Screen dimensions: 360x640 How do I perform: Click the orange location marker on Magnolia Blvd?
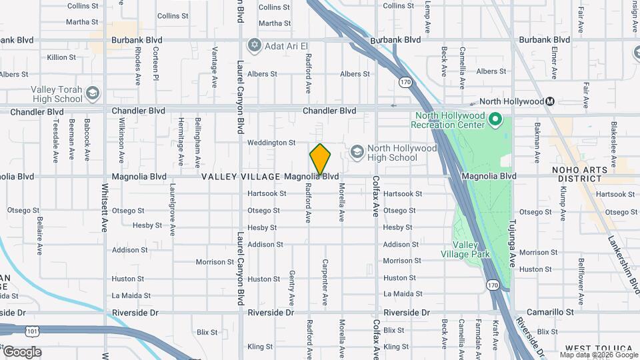[320, 159]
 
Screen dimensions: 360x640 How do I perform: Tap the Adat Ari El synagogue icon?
[253, 46]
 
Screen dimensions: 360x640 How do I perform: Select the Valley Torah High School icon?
[92, 93]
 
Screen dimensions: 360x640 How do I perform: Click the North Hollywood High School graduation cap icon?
[357, 152]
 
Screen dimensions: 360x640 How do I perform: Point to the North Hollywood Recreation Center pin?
[495, 119]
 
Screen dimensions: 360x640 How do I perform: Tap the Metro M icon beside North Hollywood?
[550, 101]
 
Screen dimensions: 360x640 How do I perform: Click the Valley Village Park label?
[465, 249]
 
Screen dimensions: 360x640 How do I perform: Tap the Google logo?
[21, 352]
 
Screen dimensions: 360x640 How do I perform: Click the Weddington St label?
[271, 143]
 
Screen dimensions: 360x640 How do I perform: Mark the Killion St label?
[61, 57]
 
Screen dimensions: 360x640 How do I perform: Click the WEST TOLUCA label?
[598, 349]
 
